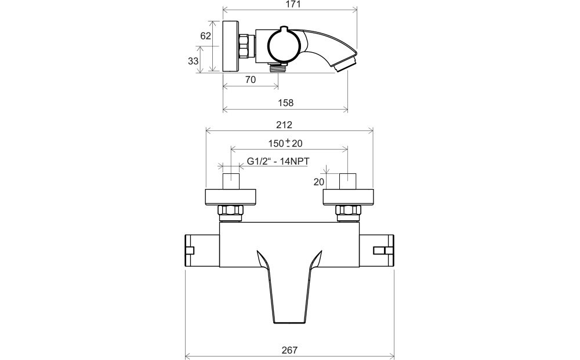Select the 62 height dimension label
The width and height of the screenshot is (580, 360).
(x=205, y=36)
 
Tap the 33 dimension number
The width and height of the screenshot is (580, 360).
(x=193, y=61)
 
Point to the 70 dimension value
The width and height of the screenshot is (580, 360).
(x=251, y=79)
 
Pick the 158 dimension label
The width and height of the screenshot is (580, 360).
(x=285, y=103)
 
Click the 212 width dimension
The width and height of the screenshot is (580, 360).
(x=284, y=125)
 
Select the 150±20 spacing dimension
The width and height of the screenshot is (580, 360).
(x=285, y=143)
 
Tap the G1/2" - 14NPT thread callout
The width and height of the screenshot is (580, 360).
(x=278, y=162)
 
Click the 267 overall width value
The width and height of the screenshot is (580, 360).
(x=289, y=350)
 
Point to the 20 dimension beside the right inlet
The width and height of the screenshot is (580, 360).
(x=319, y=182)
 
